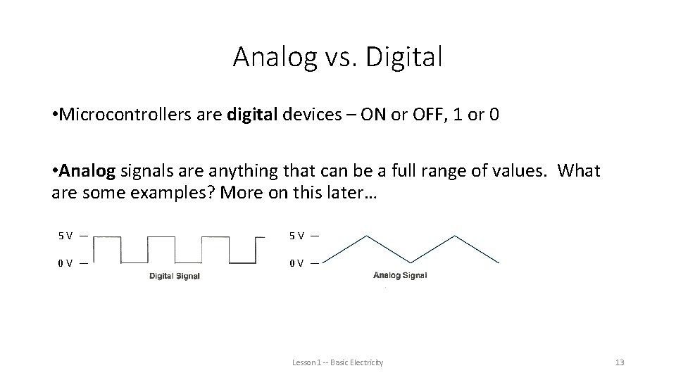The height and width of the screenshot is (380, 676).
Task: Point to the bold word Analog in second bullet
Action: [89, 171]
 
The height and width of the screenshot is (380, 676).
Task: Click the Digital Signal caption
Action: [175, 276]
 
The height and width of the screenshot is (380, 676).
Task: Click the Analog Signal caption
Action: [400, 275]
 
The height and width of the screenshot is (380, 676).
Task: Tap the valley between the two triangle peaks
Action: [411, 262]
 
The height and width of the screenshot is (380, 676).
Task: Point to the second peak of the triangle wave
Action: [458, 235]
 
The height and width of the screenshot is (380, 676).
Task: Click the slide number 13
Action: [620, 362]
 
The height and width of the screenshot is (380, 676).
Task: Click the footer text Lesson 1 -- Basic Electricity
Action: [338, 362]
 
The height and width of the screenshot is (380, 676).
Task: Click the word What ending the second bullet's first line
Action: [581, 171]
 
